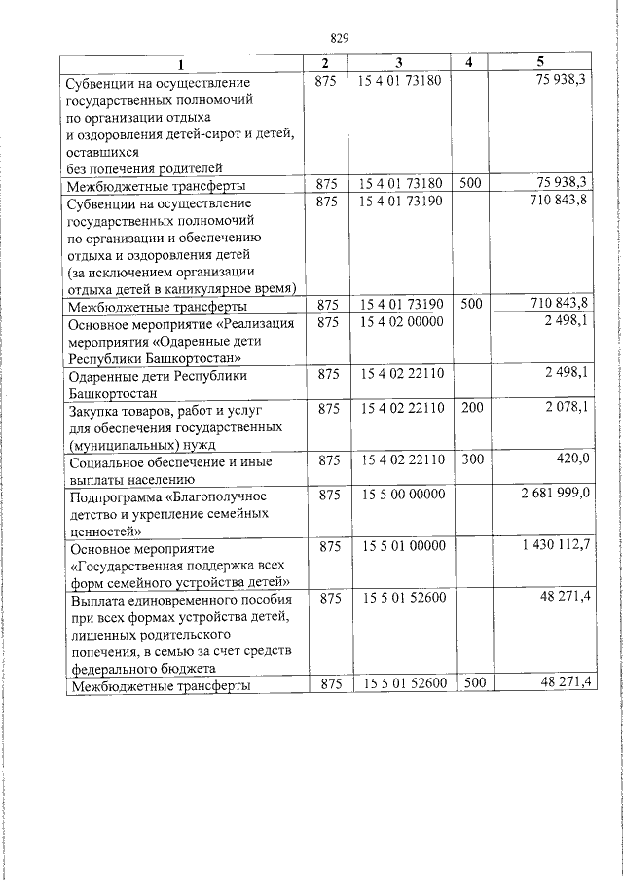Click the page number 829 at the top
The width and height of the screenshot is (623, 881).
coord(340,38)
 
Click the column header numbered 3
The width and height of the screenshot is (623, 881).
coord(399,62)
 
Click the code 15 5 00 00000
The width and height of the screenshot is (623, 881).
coord(401,495)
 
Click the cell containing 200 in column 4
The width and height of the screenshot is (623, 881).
coord(471,408)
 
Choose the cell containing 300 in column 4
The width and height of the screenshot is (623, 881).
coord(471,459)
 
